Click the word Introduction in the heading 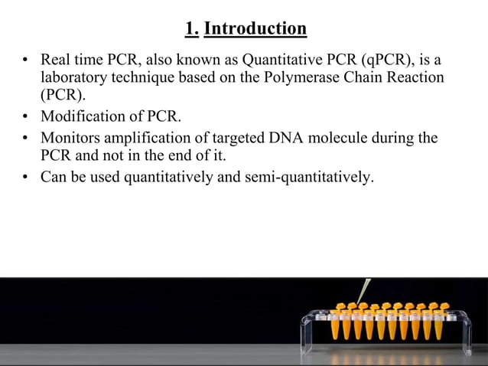point(255,29)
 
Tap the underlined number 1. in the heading point(192,29)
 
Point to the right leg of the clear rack point(466,337)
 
